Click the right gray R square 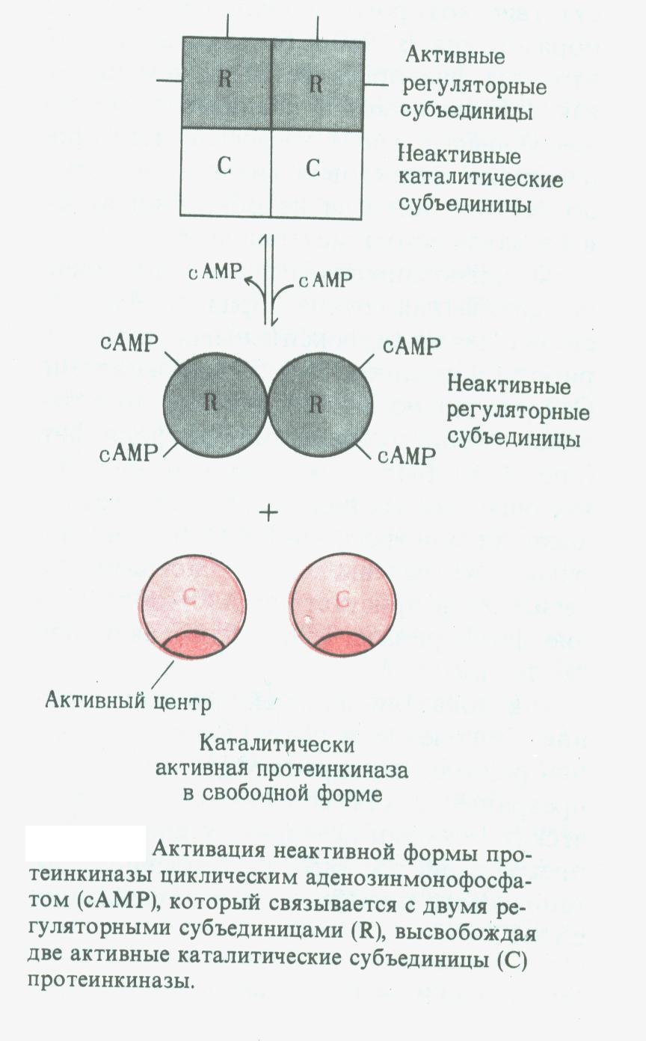(x=317, y=83)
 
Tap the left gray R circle (x=213, y=404)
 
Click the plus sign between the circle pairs (x=267, y=513)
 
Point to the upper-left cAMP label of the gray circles (x=129, y=343)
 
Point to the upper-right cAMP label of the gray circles (x=407, y=346)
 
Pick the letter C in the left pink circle (x=190, y=597)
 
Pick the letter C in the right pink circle (x=342, y=598)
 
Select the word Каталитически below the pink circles (x=276, y=746)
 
